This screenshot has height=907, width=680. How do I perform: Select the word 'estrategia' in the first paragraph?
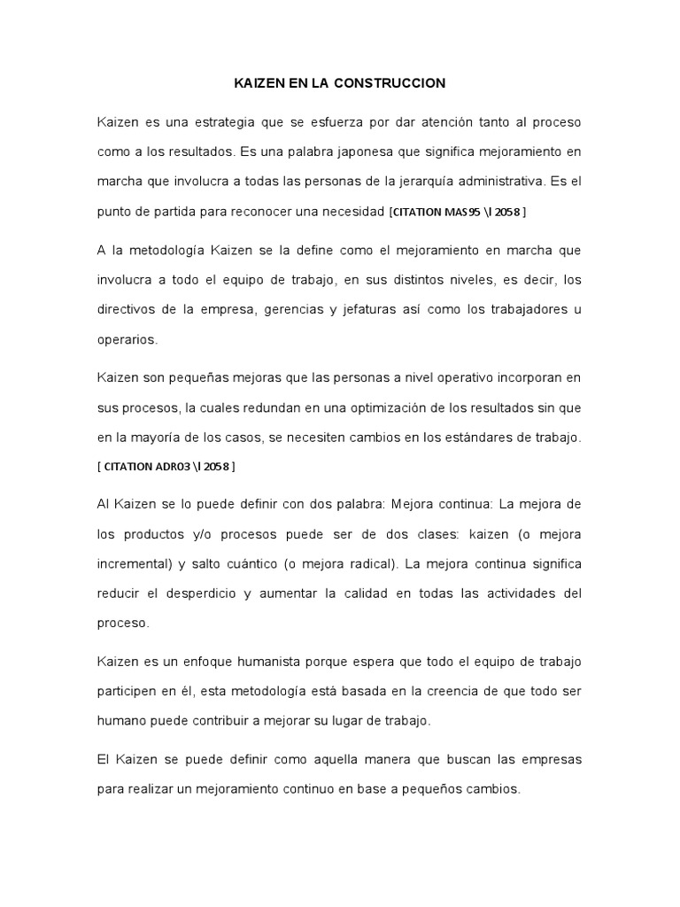click(229, 121)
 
